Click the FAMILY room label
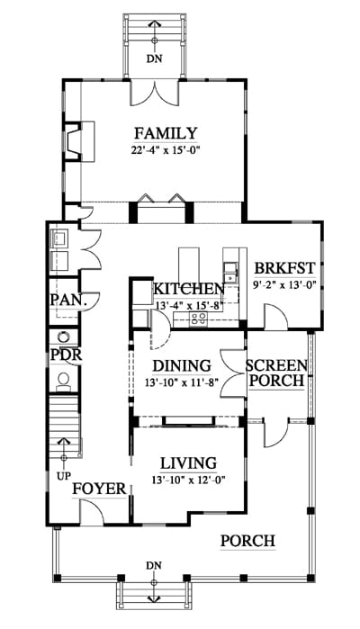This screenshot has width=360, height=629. [x=166, y=133]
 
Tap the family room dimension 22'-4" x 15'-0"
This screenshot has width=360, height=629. [x=166, y=150]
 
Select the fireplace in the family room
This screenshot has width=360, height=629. [x=74, y=141]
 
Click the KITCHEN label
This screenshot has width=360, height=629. [x=189, y=289]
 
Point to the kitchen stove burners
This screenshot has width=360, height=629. [x=199, y=319]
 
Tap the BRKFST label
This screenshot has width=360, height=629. [x=285, y=267]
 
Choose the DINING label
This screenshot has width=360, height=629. [x=182, y=365]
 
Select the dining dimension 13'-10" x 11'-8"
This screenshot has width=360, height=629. [x=182, y=382]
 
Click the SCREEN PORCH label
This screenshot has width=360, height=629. [x=276, y=373]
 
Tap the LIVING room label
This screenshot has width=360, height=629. [x=189, y=463]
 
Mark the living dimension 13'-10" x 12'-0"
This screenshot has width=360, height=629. [x=188, y=480]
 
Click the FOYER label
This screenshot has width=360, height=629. [x=99, y=489]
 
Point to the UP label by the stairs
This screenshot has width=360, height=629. [x=63, y=477]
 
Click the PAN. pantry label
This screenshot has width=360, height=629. [x=68, y=300]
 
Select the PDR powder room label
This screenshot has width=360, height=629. [x=67, y=355]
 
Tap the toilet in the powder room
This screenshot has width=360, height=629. [x=63, y=382]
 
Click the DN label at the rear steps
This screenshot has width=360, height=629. [x=154, y=58]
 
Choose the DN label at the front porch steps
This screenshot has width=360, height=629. [x=154, y=566]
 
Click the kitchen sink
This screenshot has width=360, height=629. [x=230, y=273]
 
